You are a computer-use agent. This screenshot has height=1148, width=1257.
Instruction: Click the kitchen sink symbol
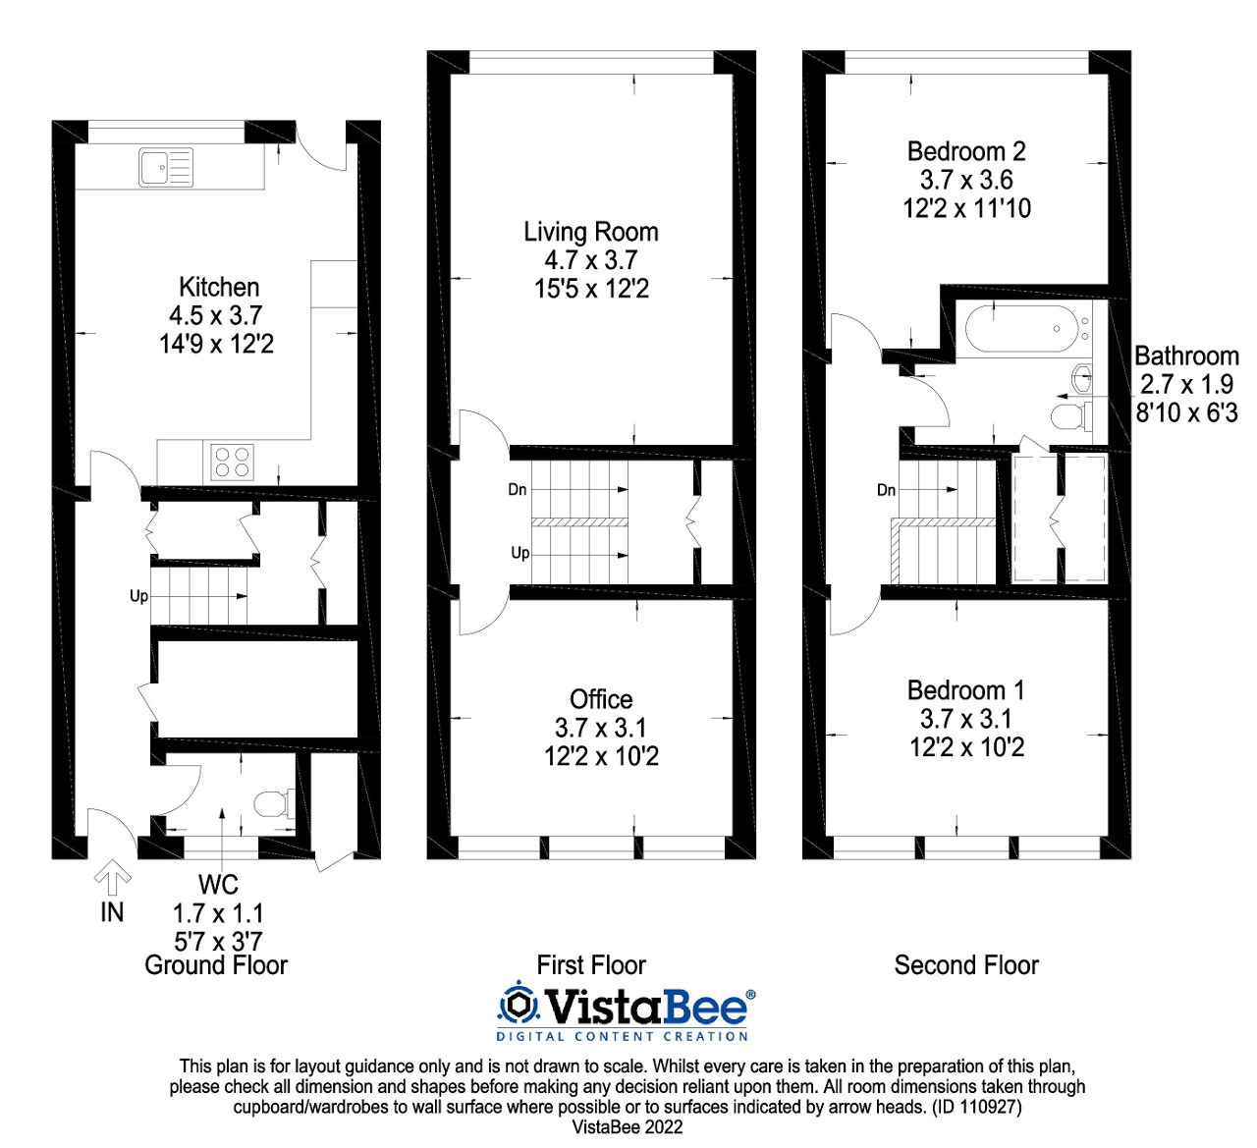165,168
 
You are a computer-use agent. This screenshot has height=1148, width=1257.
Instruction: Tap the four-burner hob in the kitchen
233,462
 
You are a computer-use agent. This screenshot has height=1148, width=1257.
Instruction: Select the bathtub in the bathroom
1020,329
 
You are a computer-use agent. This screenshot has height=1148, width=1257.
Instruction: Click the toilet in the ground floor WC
273,804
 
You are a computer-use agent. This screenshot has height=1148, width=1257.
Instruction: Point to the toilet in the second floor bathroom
1069,416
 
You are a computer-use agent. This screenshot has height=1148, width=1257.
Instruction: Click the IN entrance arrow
112,876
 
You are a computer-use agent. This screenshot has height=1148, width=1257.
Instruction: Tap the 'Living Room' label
590,233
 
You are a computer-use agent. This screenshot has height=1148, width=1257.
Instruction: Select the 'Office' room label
601,699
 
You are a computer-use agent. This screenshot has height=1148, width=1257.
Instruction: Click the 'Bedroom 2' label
966,152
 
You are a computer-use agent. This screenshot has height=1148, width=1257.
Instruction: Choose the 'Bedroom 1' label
966,690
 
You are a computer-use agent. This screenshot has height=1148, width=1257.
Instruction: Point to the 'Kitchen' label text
219,288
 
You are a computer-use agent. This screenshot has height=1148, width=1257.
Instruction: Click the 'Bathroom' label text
1186,356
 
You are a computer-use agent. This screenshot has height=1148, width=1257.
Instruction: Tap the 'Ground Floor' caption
216,965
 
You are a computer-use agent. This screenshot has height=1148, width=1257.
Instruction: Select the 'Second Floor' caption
966,965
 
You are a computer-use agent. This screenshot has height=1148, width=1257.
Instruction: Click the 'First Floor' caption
591,965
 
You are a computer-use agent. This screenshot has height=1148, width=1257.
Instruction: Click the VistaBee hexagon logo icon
519,1004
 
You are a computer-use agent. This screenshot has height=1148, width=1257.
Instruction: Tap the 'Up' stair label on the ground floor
138,596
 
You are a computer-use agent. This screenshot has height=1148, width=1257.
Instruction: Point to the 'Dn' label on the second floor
886,490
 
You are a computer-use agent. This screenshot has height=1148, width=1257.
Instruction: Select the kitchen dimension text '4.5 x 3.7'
216,316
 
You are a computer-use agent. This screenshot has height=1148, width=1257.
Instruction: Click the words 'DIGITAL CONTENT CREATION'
622,1036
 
